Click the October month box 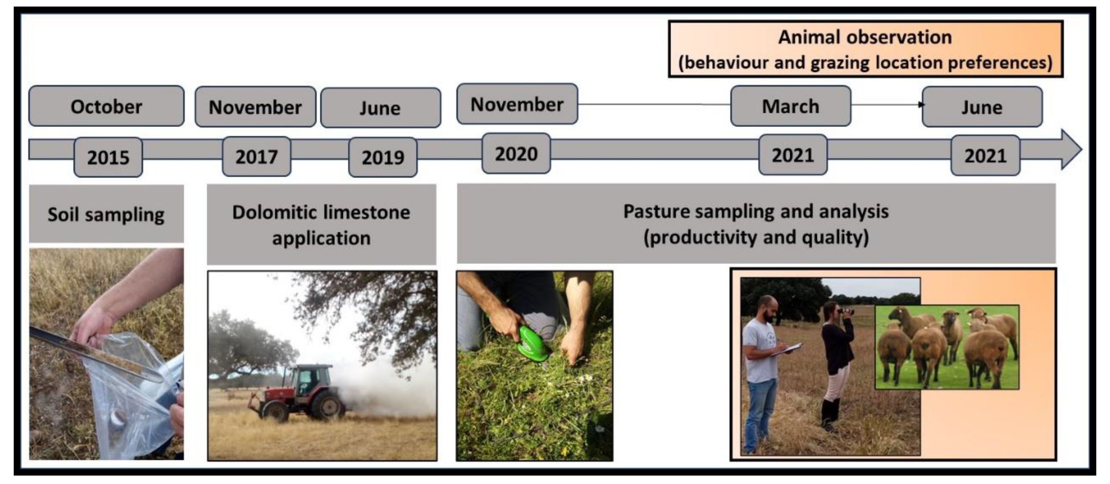tap(106, 106)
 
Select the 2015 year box tap(108, 157)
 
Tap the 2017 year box tap(256, 156)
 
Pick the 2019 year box tap(383, 157)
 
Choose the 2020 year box tap(516, 154)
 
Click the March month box tap(791, 106)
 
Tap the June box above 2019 tap(381, 108)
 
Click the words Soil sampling tap(106, 214)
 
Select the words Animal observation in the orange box tap(865, 37)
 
